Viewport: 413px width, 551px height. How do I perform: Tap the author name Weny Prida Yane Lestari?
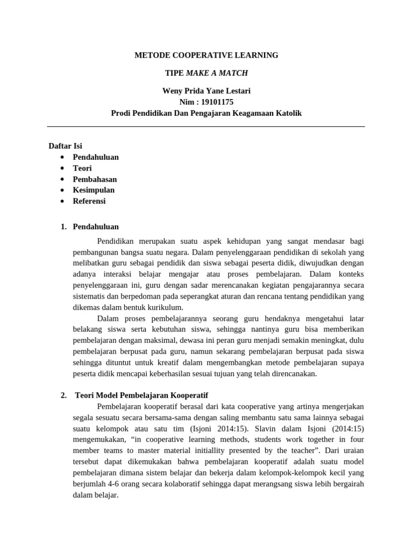[206, 91]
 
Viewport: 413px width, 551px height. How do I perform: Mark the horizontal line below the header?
[206, 127]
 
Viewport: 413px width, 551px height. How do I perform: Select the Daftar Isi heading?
[65, 146]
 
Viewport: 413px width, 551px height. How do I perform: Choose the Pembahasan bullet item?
[95, 179]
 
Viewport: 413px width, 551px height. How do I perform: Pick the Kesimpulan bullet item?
[94, 190]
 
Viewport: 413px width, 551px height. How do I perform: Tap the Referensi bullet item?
[89, 201]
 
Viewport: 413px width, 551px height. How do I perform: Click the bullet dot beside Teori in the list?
[63, 168]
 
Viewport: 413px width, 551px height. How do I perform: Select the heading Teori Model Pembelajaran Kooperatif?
[141, 395]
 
